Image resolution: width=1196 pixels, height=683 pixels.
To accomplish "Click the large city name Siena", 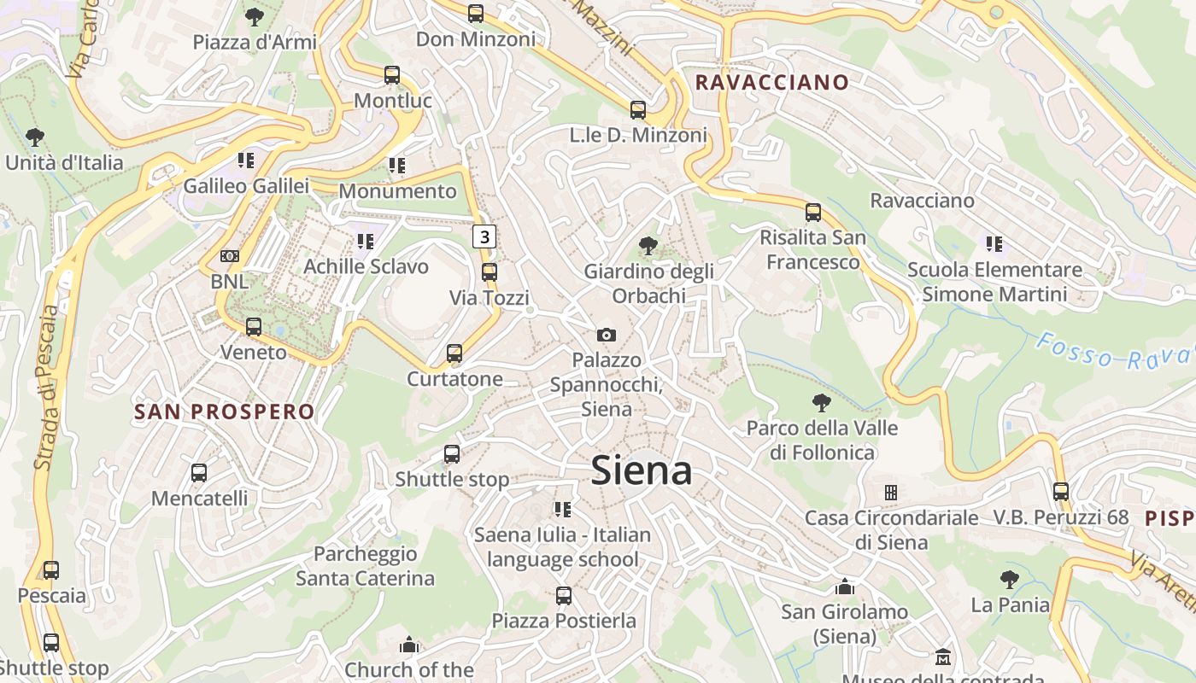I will pyautogui.click(x=641, y=470).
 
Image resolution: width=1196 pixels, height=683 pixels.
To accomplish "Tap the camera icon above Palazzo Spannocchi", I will pyautogui.click(x=607, y=335).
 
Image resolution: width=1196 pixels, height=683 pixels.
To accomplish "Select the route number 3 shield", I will pyautogui.click(x=484, y=236).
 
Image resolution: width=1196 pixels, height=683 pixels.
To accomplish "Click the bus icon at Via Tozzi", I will pyautogui.click(x=490, y=272).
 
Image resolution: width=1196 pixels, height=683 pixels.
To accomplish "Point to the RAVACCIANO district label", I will pyautogui.click(x=772, y=83).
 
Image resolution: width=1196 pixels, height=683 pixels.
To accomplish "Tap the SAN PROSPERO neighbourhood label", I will pyautogui.click(x=225, y=412).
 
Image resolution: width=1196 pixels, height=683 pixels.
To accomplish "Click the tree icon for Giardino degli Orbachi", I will pyautogui.click(x=648, y=246).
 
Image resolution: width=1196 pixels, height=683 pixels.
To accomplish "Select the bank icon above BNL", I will pyautogui.click(x=230, y=256).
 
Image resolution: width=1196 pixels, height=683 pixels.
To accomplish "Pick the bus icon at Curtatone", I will pyautogui.click(x=454, y=353).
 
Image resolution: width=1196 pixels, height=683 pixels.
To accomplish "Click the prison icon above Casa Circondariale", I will pyautogui.click(x=891, y=493).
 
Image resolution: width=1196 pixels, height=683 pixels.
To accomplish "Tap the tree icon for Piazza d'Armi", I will pyautogui.click(x=254, y=16).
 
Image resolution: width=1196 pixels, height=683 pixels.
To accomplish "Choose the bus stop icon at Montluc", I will pyautogui.click(x=392, y=75).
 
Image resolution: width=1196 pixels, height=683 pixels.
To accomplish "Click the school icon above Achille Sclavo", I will pyautogui.click(x=366, y=242).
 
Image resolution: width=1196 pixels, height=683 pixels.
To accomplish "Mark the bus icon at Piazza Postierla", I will pyautogui.click(x=564, y=595).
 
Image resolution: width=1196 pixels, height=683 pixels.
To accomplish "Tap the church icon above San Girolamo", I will pyautogui.click(x=845, y=587).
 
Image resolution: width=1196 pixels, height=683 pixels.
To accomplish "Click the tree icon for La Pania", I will pyautogui.click(x=1010, y=580).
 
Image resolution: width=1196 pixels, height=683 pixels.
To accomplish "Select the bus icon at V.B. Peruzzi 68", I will pyautogui.click(x=1061, y=492).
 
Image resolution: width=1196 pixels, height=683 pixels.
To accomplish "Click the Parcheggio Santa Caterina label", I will pyautogui.click(x=365, y=566).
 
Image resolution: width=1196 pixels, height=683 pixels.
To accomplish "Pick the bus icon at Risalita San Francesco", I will pyautogui.click(x=813, y=212).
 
